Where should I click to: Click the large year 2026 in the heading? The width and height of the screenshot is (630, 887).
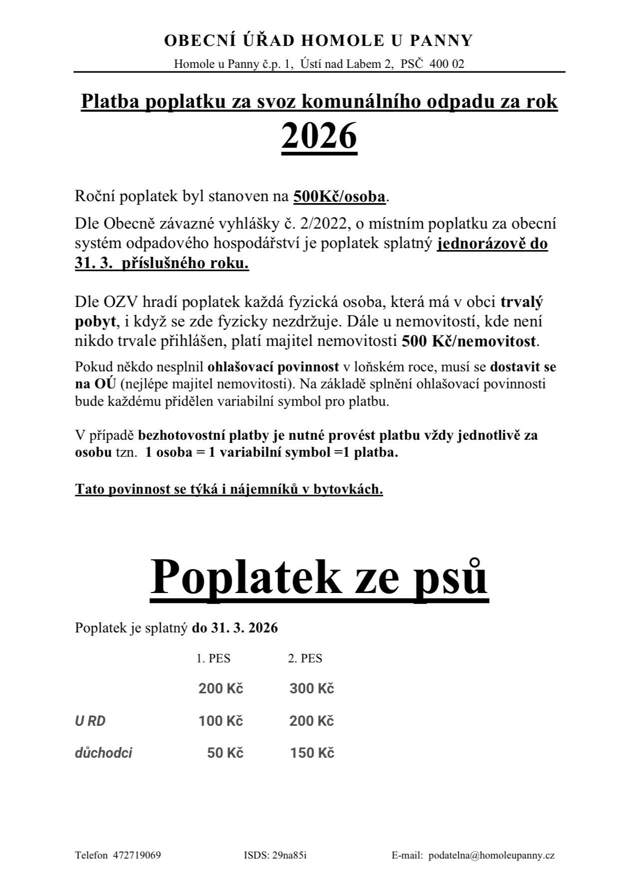(x=319, y=136)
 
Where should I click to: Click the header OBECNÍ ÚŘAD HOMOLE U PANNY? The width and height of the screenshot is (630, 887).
(x=318, y=40)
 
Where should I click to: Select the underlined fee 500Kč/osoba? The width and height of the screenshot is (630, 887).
(x=339, y=197)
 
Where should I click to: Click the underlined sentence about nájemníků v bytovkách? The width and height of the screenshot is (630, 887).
(x=229, y=489)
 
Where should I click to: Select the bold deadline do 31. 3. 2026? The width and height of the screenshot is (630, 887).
(x=235, y=627)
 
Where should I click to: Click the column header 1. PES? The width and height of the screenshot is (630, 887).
(x=213, y=658)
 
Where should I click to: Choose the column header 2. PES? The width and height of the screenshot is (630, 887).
(x=305, y=658)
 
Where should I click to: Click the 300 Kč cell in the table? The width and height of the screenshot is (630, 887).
(x=312, y=689)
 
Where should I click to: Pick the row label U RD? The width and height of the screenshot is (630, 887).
(x=90, y=721)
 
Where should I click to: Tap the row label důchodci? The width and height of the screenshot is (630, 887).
(x=103, y=753)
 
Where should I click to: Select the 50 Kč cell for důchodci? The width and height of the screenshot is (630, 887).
(x=225, y=753)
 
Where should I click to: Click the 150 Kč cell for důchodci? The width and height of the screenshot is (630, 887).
(x=312, y=753)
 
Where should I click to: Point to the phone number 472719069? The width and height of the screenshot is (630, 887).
(x=137, y=855)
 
